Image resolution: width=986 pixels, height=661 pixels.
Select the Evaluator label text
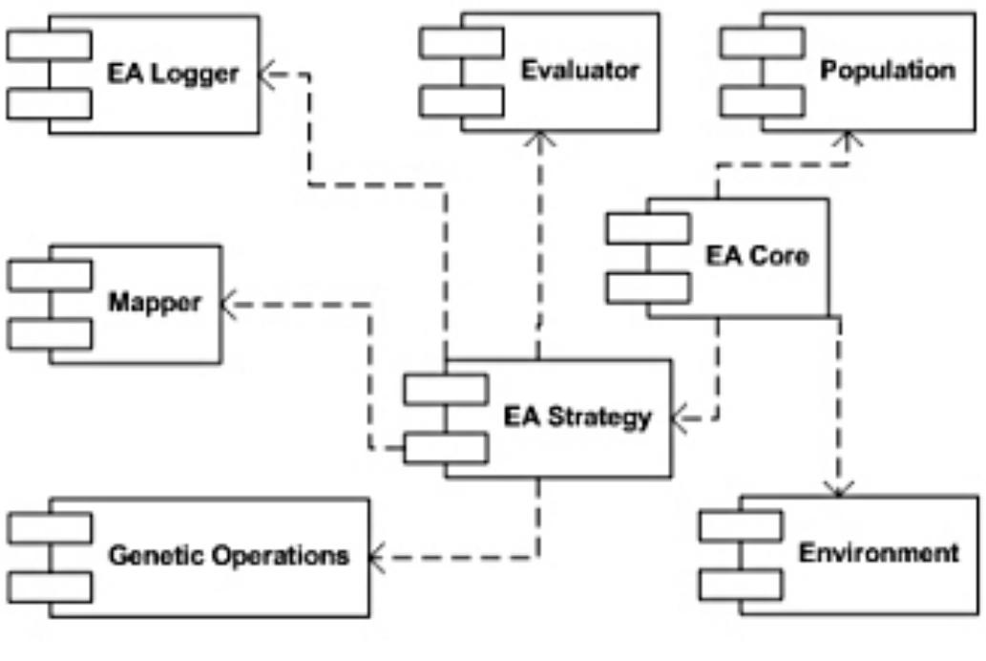pyautogui.click(x=579, y=71)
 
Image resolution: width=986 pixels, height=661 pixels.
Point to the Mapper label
pyautogui.click(x=156, y=304)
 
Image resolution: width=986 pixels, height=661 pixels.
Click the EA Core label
pyautogui.click(x=758, y=256)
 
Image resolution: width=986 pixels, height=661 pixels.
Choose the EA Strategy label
pyautogui.click(x=578, y=417)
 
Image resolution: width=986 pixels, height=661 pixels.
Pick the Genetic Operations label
pyautogui.click(x=229, y=554)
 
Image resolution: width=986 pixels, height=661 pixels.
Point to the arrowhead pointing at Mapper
pyautogui.click(x=230, y=304)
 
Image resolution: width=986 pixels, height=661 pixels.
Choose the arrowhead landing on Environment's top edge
pyautogui.click(x=839, y=488)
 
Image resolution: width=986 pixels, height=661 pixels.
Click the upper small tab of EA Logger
pyautogui.click(x=50, y=45)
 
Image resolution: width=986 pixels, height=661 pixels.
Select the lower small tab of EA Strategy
pyautogui.click(x=446, y=447)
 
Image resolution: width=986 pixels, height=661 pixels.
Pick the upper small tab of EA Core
pyautogui.click(x=648, y=229)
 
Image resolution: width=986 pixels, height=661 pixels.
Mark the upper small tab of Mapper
pyautogui.click(x=50, y=275)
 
